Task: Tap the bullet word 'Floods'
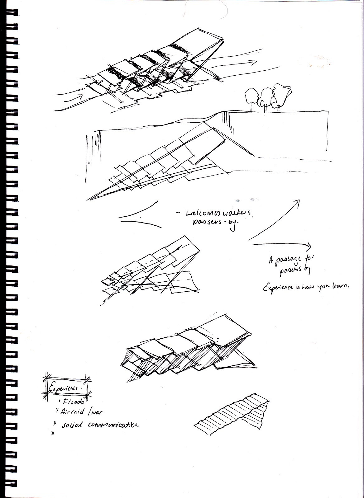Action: point(69,402)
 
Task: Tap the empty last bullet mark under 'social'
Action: point(53,433)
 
